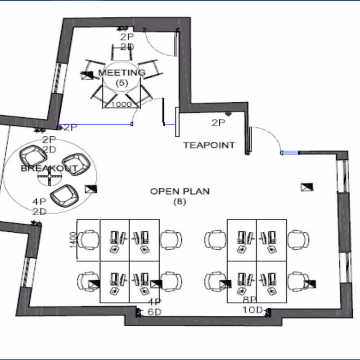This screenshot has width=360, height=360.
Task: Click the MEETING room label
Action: [122, 72]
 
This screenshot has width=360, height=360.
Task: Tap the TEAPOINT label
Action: [209, 145]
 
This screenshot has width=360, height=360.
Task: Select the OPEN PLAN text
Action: [180, 191]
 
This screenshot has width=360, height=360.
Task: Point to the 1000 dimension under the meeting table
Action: [121, 104]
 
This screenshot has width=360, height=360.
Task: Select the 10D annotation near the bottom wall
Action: [252, 310]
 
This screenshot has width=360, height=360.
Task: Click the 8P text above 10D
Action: [250, 300]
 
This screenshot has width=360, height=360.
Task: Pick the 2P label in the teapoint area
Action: [218, 122]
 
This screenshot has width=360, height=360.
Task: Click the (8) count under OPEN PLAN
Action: [180, 202]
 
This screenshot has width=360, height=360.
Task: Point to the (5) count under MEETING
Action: [122, 82]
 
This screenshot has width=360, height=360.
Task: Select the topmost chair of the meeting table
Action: [122, 53]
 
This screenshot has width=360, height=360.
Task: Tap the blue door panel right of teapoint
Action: [290, 153]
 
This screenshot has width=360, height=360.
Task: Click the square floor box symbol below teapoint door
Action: [307, 187]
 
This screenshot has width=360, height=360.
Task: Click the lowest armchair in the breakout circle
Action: [64, 195]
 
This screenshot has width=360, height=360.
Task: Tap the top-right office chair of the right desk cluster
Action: [298, 239]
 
